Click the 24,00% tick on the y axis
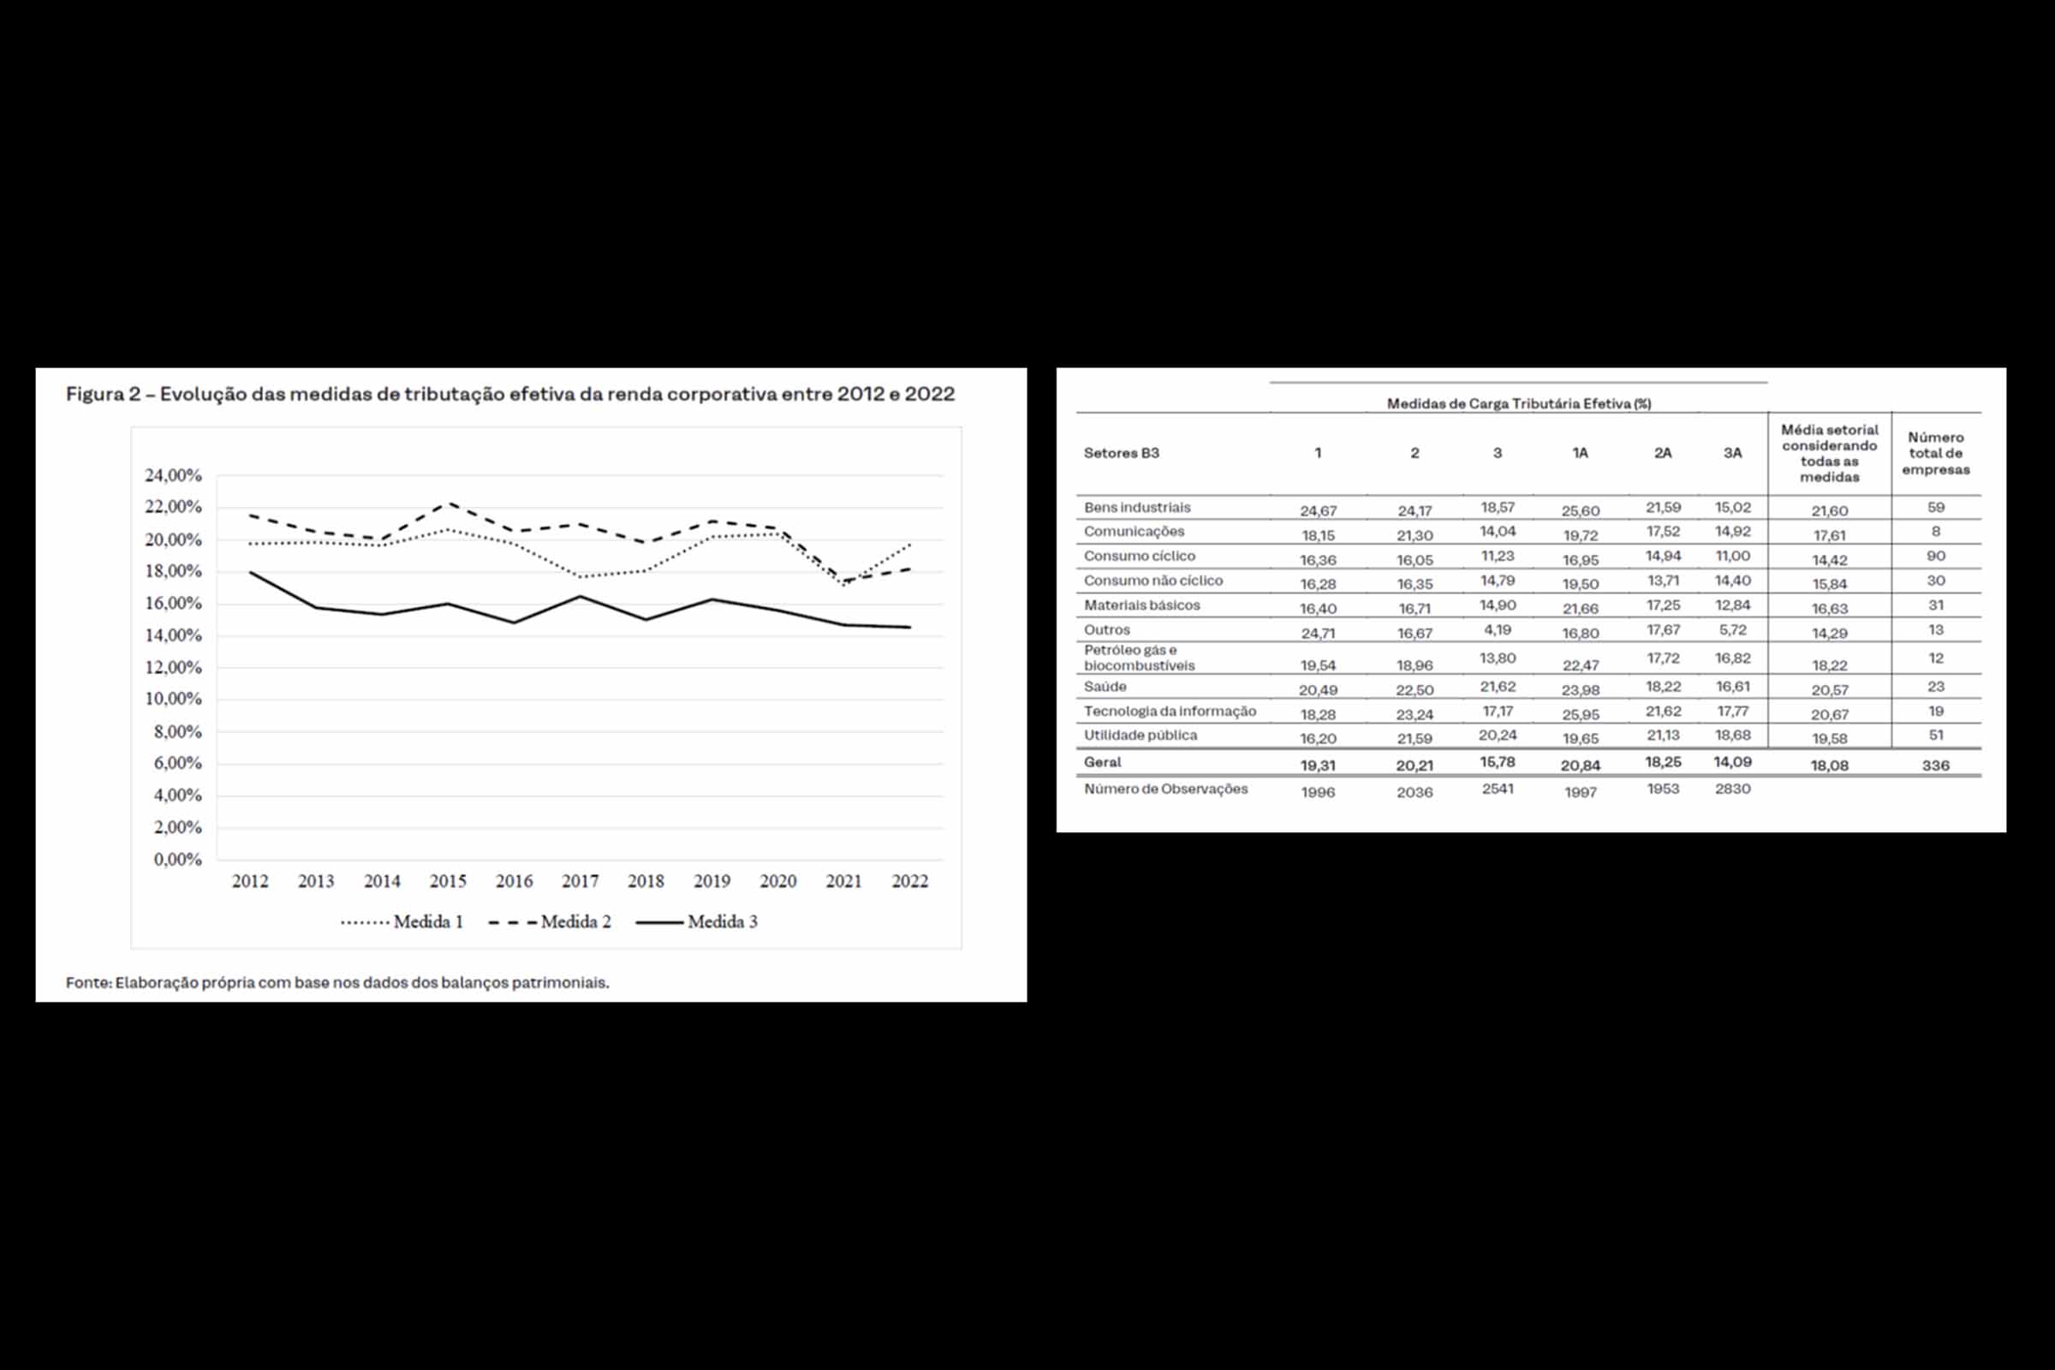click(173, 475)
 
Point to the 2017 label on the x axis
click(581, 881)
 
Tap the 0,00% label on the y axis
click(177, 860)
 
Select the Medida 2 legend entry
click(550, 922)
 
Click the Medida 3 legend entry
click(696, 922)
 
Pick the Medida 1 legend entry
click(402, 922)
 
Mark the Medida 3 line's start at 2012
click(251, 572)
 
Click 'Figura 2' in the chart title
click(102, 394)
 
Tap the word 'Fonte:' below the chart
click(88, 982)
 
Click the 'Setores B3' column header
click(1121, 453)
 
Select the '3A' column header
click(1731, 453)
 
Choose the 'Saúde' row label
click(1105, 687)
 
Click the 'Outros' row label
click(1107, 630)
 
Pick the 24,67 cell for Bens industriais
click(1318, 511)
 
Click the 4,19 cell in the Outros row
click(1497, 630)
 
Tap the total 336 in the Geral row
click(1935, 765)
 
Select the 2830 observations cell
click(1731, 789)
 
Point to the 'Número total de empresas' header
click(1935, 454)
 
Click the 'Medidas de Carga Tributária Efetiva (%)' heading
click(1518, 403)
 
